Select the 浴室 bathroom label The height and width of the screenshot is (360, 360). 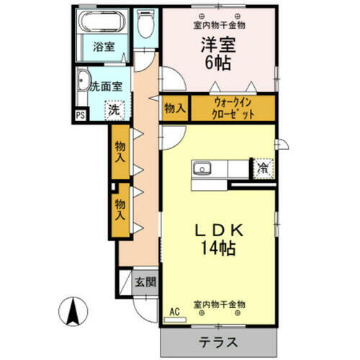[x=103, y=48]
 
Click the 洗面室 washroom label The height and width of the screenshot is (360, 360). [x=105, y=86]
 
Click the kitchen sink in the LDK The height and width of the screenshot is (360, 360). [x=201, y=170]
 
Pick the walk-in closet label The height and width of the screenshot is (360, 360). [x=233, y=108]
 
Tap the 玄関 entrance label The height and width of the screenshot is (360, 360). [x=146, y=282]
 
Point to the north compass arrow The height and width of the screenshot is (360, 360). [x=73, y=311]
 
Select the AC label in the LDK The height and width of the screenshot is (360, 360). [x=173, y=312]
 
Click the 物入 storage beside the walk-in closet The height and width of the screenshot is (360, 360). [x=174, y=109]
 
